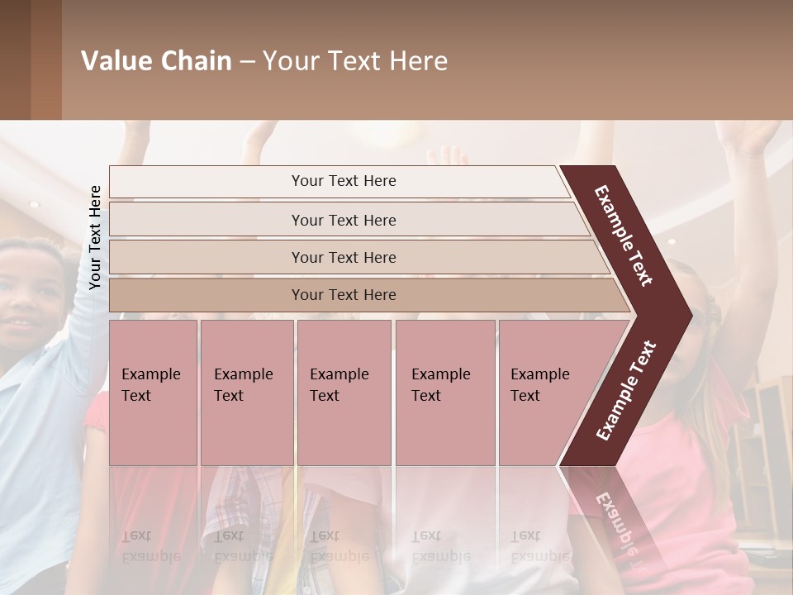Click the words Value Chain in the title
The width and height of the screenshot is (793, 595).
click(156, 61)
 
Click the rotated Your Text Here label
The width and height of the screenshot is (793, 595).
click(95, 237)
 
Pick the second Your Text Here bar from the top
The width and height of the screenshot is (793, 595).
click(344, 220)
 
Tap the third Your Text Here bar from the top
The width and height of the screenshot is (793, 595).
click(344, 257)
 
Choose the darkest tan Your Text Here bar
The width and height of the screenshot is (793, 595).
click(344, 295)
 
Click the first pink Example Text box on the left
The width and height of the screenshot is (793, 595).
click(153, 392)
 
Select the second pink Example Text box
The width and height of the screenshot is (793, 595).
click(246, 392)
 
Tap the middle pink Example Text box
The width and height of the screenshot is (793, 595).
click(344, 392)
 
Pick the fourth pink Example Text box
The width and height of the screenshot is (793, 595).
click(444, 392)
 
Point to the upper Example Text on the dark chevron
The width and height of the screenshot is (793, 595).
click(624, 236)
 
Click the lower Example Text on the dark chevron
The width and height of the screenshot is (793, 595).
click(625, 391)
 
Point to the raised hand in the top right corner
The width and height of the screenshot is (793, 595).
click(756, 136)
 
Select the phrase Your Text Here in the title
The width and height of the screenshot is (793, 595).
click(355, 61)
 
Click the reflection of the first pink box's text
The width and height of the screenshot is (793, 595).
click(151, 545)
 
